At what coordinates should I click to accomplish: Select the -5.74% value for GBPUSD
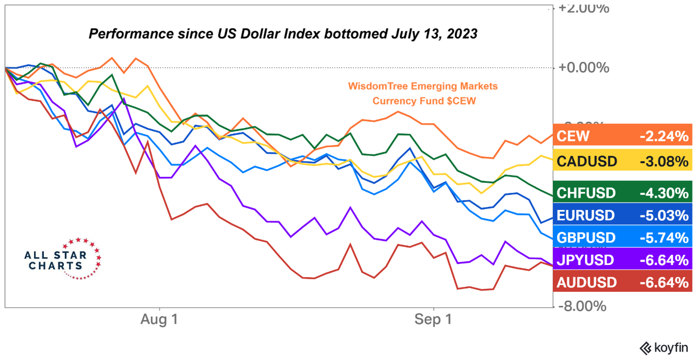[664, 238]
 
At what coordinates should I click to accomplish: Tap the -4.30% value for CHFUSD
[664, 193]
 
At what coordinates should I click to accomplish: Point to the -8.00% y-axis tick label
[582, 306]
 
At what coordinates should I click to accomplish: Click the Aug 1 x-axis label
[159, 320]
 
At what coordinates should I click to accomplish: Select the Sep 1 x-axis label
[433, 320]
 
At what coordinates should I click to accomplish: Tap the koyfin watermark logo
[664, 348]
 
